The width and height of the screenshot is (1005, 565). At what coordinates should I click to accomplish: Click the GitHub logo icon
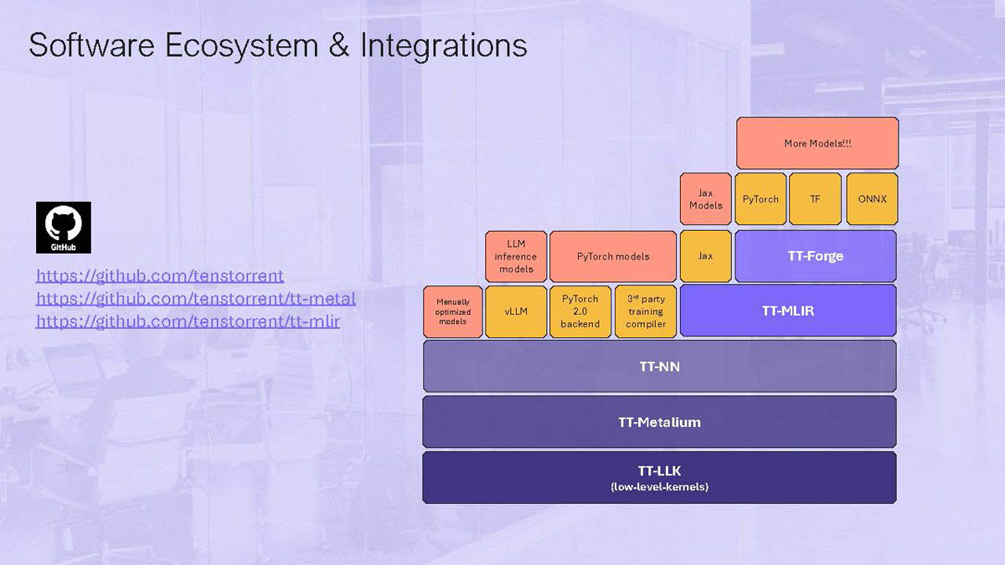[x=64, y=227]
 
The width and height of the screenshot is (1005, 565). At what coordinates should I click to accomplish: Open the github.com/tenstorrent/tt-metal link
[x=196, y=298]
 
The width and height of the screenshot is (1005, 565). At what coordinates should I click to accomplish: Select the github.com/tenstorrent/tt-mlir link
[x=188, y=321]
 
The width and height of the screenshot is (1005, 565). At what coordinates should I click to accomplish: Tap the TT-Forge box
[x=815, y=256]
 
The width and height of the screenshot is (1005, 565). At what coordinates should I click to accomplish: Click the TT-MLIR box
[x=787, y=311]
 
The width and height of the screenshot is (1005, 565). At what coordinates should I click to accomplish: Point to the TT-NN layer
[x=659, y=366]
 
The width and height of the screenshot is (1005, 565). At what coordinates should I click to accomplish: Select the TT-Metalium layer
[x=659, y=422]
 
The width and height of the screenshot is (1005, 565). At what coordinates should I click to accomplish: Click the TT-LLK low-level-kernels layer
[x=659, y=478]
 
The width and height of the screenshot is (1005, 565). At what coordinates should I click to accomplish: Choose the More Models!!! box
[x=817, y=143]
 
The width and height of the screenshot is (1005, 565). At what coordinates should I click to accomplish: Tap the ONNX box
[x=872, y=199]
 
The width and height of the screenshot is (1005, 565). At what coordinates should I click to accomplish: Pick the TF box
[x=815, y=199]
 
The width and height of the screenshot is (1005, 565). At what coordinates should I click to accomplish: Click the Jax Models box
[x=706, y=199]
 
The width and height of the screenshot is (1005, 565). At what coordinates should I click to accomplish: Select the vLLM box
[x=516, y=311]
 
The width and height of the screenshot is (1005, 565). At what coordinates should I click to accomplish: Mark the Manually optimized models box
[x=453, y=311]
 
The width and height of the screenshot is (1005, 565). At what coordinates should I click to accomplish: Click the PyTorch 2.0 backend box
[x=580, y=311]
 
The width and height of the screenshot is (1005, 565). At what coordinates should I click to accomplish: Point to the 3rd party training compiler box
[x=646, y=311]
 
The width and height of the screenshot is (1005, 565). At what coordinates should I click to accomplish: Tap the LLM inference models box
[x=516, y=256]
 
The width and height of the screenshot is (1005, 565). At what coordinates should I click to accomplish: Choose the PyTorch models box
[x=613, y=256]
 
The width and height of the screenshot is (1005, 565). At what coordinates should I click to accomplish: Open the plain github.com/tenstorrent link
[x=160, y=275]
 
